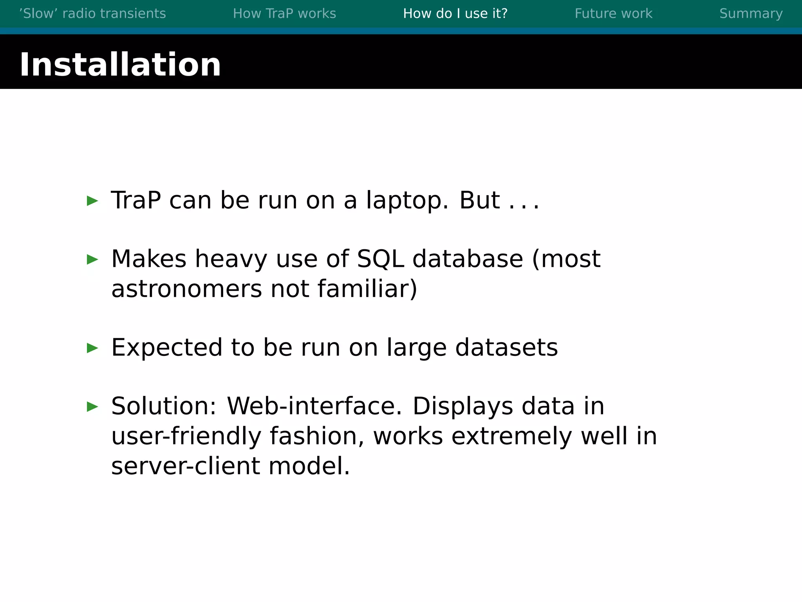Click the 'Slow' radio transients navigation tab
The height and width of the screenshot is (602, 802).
92,14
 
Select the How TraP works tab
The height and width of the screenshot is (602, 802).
284,14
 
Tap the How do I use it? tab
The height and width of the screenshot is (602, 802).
455,14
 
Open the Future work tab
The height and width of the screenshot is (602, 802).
613,14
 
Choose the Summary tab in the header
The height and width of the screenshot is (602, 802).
751,14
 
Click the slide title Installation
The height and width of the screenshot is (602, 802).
120,65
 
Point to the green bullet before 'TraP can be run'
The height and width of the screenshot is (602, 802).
92,201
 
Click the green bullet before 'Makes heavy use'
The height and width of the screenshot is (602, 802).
92,259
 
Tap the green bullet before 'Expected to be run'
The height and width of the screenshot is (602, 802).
92,348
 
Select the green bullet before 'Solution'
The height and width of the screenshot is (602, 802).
92,406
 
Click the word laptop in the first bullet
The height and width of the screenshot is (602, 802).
407,201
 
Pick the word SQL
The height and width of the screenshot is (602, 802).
380,259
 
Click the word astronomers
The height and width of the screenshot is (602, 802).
186,289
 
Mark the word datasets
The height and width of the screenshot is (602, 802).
506,348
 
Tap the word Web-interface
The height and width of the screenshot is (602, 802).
314,406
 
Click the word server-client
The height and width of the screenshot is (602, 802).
186,466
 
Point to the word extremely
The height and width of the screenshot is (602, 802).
511,436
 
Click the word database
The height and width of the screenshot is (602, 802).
468,259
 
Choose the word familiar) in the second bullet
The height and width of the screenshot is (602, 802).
367,289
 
